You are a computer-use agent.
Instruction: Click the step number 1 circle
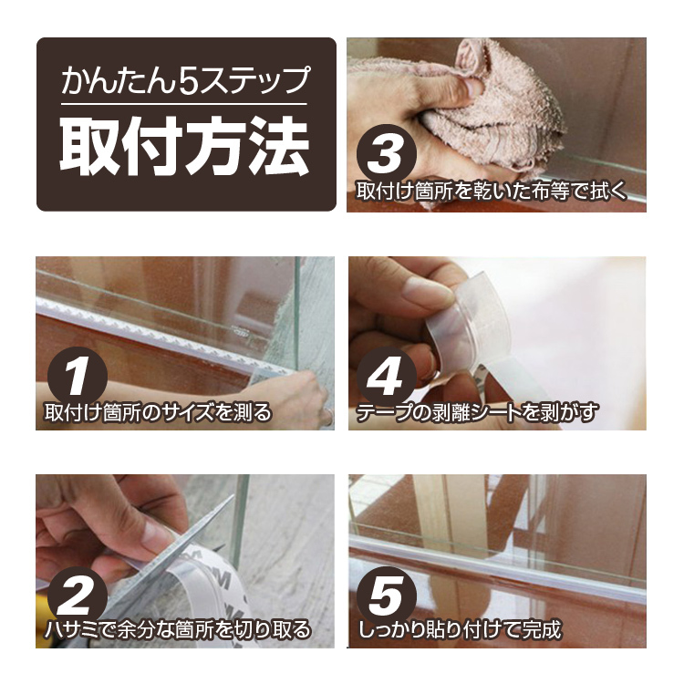tap(78, 377)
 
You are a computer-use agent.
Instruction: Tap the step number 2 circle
tap(78, 595)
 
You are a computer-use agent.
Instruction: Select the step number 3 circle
tap(387, 154)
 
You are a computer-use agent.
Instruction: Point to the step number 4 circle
tap(387, 377)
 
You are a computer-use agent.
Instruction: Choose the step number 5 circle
tap(387, 595)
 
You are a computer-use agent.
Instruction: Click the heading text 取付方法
tap(184, 146)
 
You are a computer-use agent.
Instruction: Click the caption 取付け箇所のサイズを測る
tap(158, 412)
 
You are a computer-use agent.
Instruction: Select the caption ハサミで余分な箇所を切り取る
tap(178, 630)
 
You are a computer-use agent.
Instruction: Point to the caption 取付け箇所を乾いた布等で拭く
tap(492, 192)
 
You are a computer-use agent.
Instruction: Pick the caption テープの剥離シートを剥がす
tap(476, 412)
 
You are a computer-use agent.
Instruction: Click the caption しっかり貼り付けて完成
tap(460, 630)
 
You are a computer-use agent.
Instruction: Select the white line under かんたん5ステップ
tap(184, 104)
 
